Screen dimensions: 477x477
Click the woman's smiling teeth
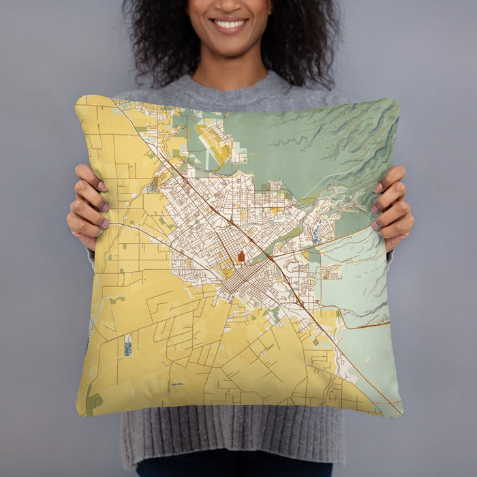[230, 24]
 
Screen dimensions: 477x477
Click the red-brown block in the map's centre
[241, 257]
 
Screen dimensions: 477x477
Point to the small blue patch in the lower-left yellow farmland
[127, 347]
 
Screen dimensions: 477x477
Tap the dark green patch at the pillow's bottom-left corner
[91, 403]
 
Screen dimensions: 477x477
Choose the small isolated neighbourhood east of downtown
[333, 273]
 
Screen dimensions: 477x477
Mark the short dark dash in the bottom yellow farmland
[178, 384]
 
